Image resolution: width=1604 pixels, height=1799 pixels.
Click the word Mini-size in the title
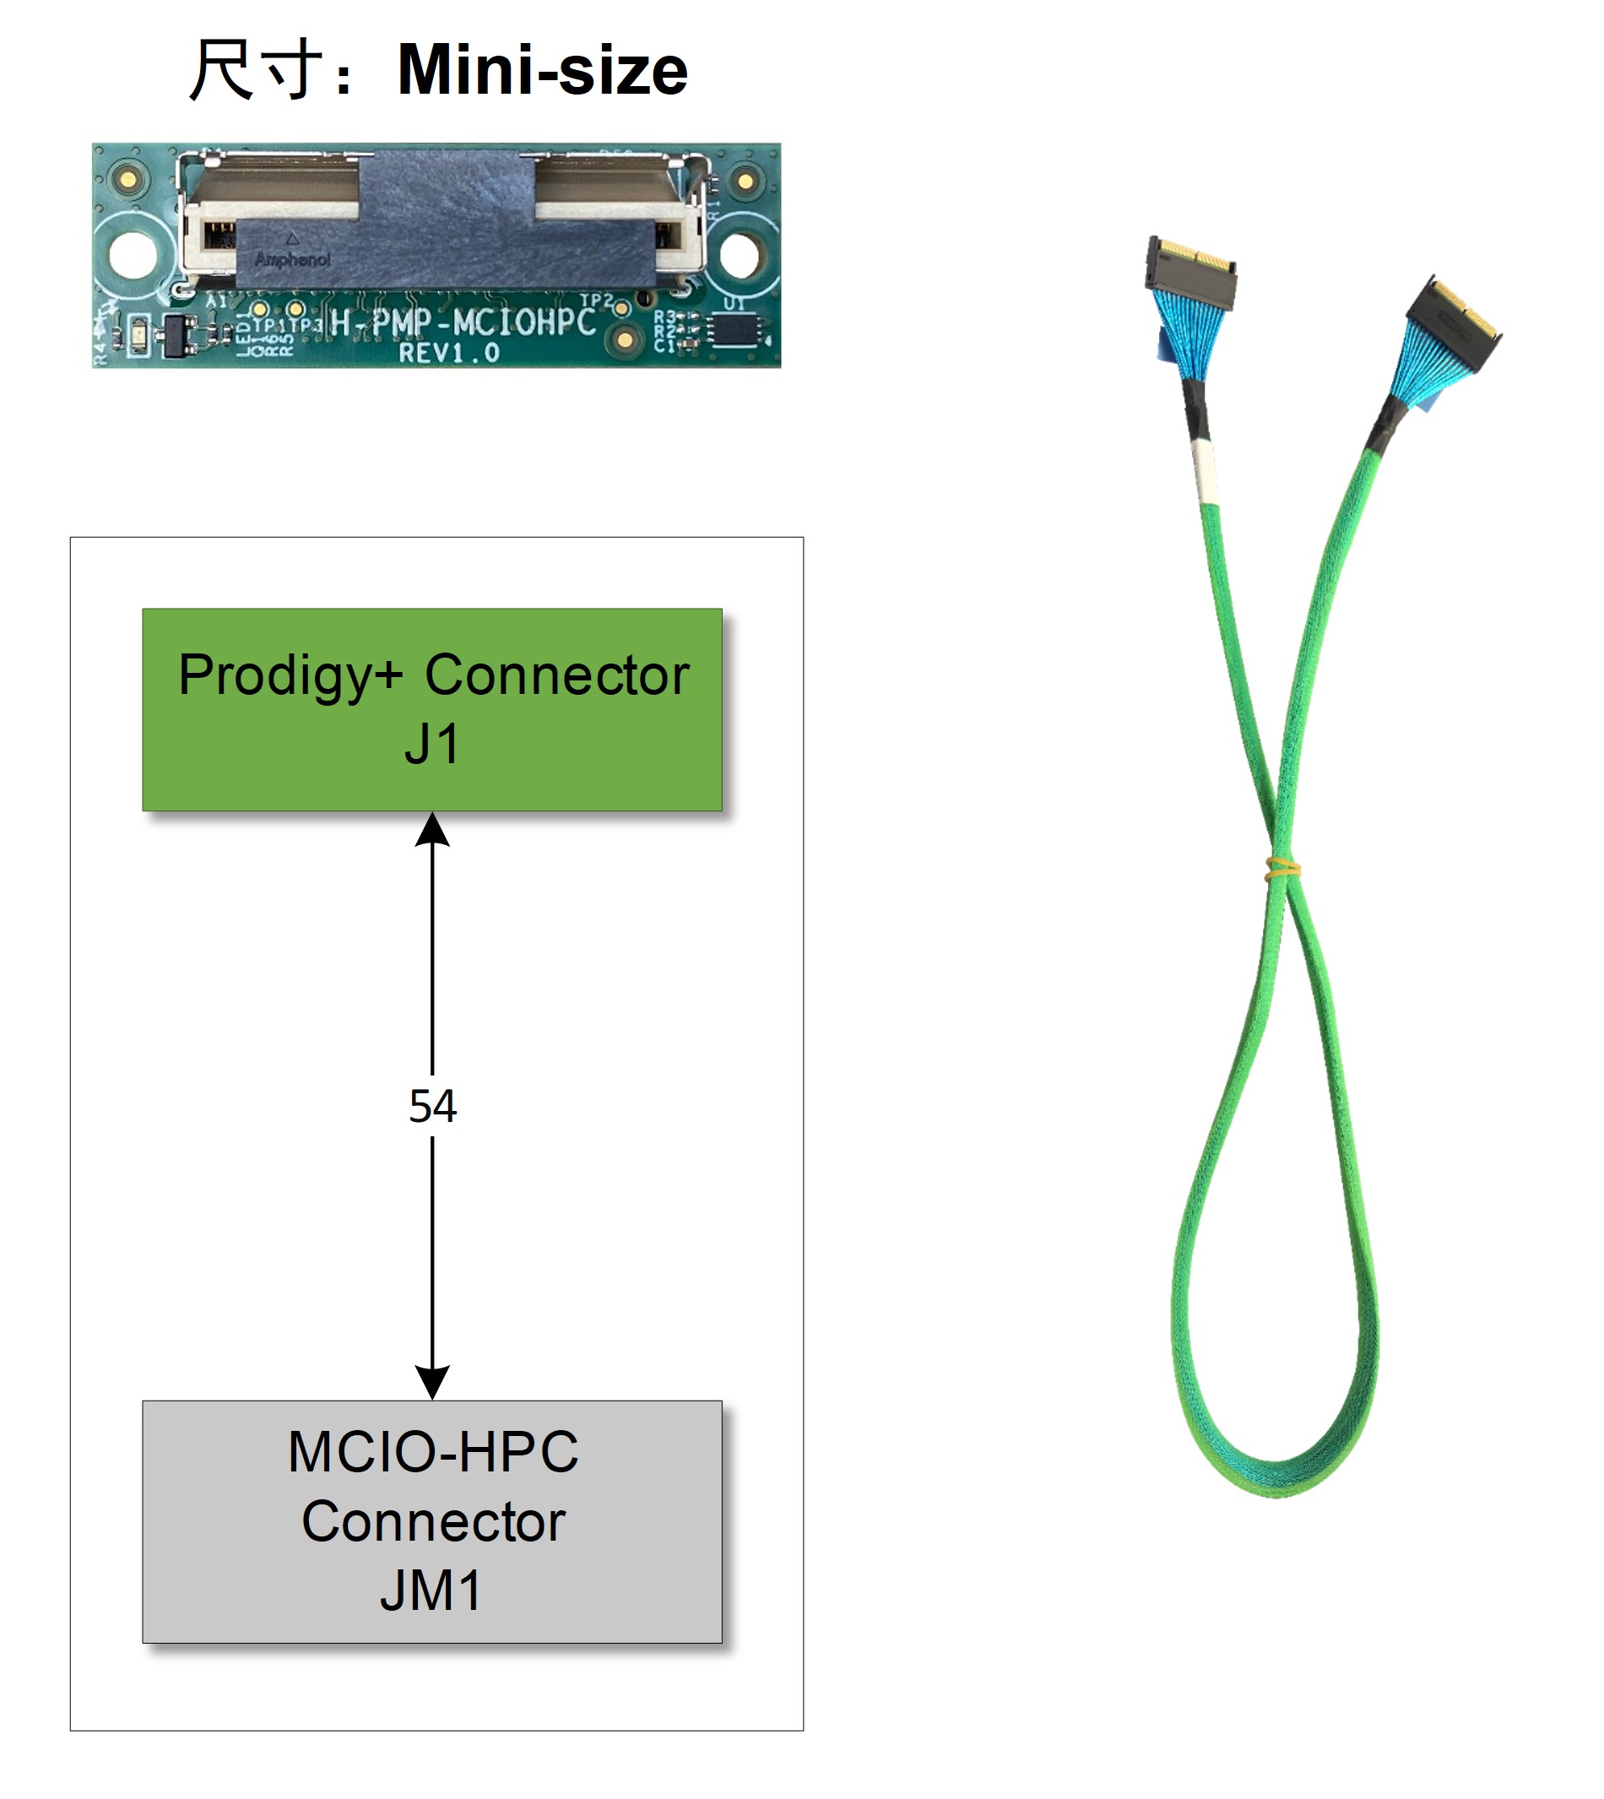pyautogui.click(x=542, y=71)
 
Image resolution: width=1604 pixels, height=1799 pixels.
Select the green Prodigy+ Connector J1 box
pyautogui.click(x=432, y=708)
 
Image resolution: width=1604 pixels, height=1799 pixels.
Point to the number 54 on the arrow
pyautogui.click(x=432, y=1105)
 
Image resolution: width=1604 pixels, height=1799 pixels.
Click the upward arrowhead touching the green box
pyautogui.click(x=432, y=831)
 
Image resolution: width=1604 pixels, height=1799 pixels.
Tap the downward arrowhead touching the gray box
pyautogui.click(x=432, y=1381)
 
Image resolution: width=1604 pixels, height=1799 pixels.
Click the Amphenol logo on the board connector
pyautogui.click(x=292, y=259)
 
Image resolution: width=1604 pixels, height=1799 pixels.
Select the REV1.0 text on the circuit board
pyautogui.click(x=449, y=354)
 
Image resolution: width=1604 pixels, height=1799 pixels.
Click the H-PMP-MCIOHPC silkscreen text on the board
pyautogui.click(x=463, y=322)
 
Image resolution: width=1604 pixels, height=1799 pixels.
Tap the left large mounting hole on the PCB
pyautogui.click(x=133, y=256)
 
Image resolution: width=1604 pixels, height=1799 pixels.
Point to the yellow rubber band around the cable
pyautogui.click(x=1282, y=870)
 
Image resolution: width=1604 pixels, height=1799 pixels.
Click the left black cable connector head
pyautogui.click(x=1189, y=274)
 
